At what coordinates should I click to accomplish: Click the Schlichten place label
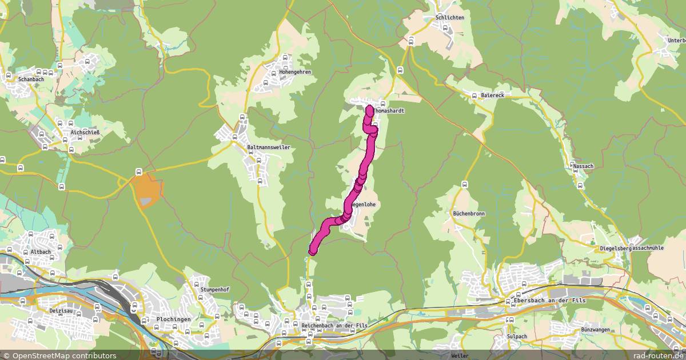(x=449, y=17)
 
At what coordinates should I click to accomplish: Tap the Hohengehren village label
(x=295, y=72)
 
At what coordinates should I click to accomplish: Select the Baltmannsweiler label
(x=269, y=147)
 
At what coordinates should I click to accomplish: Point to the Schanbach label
(x=31, y=79)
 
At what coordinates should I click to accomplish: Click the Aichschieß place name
(x=85, y=133)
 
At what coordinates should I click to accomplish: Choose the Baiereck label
(x=493, y=95)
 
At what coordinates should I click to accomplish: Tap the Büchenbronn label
(x=469, y=213)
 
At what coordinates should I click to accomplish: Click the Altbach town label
(x=34, y=251)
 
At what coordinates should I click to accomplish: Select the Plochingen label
(x=173, y=319)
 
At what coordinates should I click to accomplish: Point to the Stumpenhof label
(x=215, y=290)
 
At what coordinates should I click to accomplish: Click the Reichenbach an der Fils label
(x=334, y=325)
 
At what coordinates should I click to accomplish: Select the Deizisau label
(x=59, y=311)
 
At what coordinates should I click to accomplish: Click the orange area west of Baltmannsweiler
(x=146, y=190)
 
